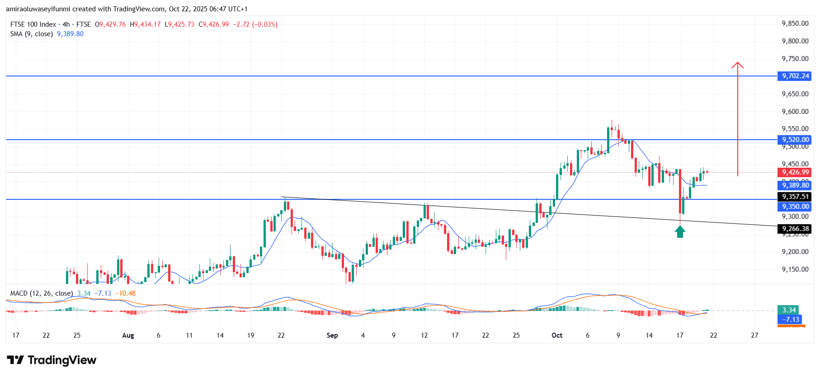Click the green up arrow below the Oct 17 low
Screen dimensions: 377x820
[680, 232]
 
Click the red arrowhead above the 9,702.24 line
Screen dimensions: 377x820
[738, 66]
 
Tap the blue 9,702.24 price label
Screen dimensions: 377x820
[795, 76]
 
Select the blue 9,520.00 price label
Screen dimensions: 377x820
[795, 140]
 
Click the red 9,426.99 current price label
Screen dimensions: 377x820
[795, 172]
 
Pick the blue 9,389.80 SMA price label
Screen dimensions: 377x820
[795, 185]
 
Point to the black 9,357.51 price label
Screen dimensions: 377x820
[795, 197]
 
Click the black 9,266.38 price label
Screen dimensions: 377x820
[795, 229]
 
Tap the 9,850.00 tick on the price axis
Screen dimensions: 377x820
[795, 24]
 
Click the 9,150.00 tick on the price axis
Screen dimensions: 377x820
[795, 269]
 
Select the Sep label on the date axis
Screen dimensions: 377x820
[332, 335]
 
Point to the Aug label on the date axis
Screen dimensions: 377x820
[128, 335]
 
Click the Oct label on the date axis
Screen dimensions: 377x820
[557, 335]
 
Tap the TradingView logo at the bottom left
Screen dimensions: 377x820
[52, 360]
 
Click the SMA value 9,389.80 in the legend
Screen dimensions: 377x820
[70, 34]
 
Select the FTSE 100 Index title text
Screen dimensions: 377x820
[33, 24]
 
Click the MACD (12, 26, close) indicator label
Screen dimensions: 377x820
[42, 293]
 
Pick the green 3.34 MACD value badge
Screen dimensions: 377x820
[789, 310]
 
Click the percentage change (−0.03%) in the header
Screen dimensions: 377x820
[265, 24]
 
